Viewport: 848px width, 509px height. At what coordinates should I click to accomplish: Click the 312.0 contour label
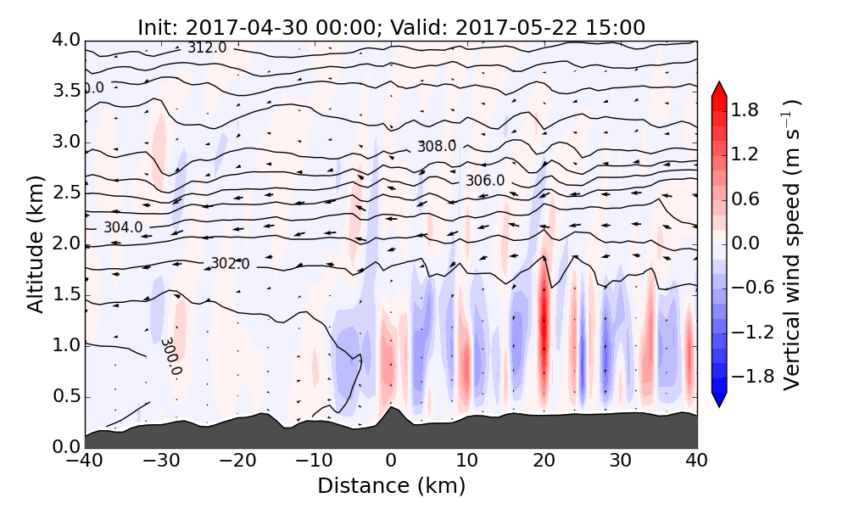tap(207, 48)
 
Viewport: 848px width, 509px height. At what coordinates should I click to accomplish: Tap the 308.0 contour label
tap(437, 146)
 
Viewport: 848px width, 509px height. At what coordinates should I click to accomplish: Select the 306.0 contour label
tap(485, 181)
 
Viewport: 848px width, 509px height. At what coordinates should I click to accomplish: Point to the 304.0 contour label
tap(123, 227)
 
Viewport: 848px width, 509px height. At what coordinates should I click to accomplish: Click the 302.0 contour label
tap(230, 264)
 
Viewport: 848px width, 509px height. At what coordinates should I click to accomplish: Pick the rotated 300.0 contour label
tap(170, 356)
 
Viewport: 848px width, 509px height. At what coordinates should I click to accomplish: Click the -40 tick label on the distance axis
tap(85, 461)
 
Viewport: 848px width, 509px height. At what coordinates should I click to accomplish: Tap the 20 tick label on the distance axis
tap(544, 461)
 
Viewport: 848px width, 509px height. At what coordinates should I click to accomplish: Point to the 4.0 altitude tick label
tap(65, 40)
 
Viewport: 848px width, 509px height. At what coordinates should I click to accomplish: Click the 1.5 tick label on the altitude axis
tap(65, 294)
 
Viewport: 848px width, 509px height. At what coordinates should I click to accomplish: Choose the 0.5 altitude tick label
tap(65, 396)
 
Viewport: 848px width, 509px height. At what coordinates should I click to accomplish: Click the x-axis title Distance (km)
tap(391, 486)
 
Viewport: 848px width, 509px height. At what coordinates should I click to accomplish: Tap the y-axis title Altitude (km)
tap(35, 243)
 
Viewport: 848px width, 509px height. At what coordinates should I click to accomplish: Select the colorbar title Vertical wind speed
tap(792, 244)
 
